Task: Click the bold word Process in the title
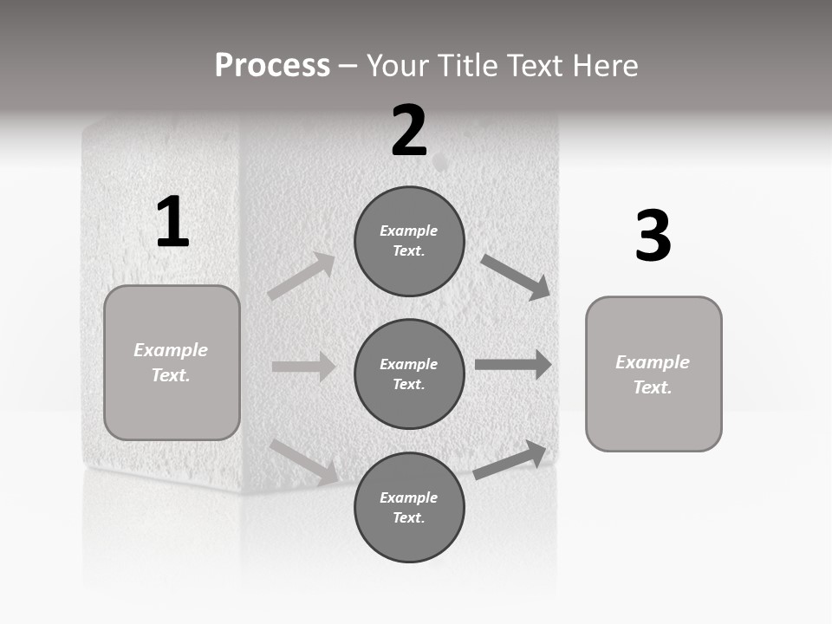(272, 66)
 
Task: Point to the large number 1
(172, 223)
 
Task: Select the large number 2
(409, 132)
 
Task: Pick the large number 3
(653, 237)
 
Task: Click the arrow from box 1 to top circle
(302, 276)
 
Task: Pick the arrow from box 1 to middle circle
(303, 367)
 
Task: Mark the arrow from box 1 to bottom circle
(304, 461)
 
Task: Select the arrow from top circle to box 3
(516, 276)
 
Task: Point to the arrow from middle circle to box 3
(513, 365)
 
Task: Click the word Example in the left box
(171, 350)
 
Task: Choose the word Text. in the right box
(653, 387)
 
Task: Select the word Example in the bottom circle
(409, 497)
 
